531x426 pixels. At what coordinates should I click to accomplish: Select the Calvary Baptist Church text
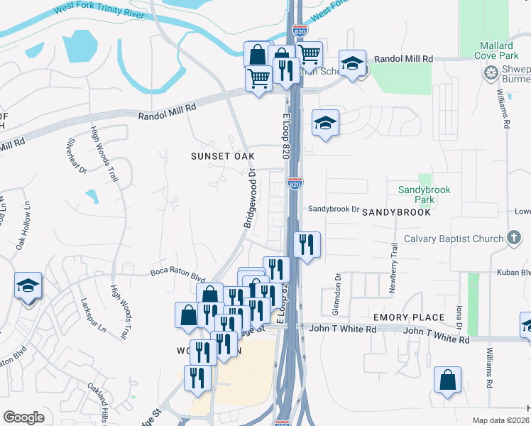coord(453,239)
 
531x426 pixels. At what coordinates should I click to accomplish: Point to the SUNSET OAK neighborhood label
coord(222,155)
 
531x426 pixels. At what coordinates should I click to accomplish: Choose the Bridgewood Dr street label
coord(250,198)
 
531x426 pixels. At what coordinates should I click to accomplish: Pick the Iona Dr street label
coord(459,316)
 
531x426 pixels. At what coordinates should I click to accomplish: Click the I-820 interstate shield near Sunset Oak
coord(295,183)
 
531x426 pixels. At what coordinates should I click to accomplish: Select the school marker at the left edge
coord(28,288)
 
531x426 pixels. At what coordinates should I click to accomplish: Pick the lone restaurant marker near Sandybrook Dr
coord(307,246)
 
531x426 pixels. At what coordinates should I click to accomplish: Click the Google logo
coord(24,417)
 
